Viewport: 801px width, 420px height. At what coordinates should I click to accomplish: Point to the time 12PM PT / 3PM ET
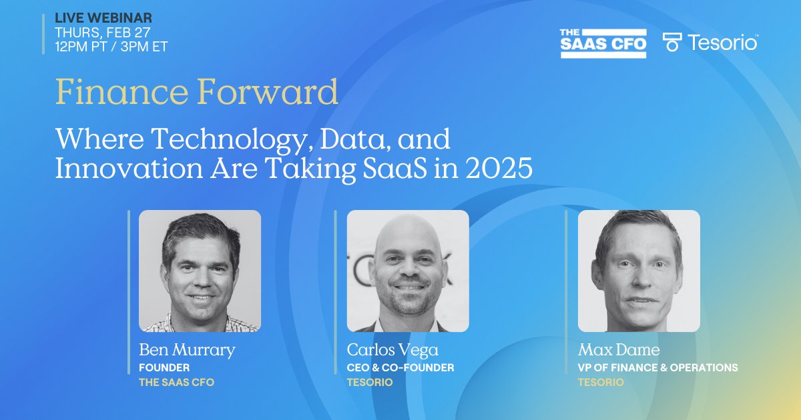point(111,47)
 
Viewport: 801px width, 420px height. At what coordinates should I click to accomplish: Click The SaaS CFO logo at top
point(603,43)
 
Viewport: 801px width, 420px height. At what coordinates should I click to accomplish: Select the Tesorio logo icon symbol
point(672,42)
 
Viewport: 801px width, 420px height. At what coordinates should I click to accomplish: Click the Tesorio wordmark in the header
point(722,43)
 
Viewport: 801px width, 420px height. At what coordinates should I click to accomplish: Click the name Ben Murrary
point(186,350)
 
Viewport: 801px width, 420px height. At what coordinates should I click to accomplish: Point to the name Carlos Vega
point(392,350)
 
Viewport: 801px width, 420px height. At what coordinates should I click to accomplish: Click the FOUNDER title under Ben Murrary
point(164,367)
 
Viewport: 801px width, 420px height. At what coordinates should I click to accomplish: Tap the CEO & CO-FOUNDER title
point(400,367)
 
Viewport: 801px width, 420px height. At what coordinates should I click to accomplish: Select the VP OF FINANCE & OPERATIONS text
point(657,367)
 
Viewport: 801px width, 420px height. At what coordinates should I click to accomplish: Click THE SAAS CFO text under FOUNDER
point(176,383)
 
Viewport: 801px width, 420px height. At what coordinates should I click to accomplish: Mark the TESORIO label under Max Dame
point(601,383)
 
